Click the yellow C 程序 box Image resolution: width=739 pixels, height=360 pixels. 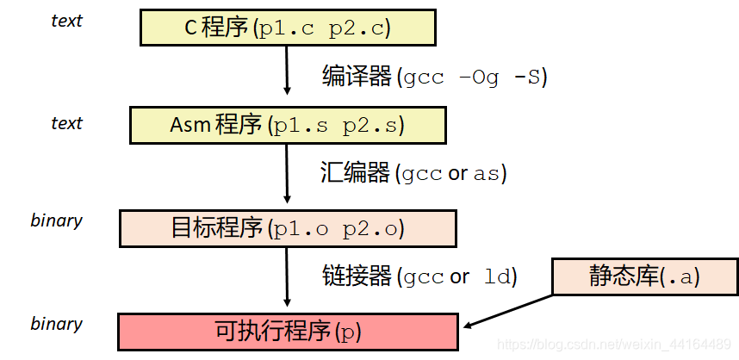(288, 28)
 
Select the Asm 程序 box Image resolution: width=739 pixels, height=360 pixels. (288, 125)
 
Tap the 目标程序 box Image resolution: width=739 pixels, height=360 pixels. (288, 229)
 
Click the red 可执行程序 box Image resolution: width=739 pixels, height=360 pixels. (288, 332)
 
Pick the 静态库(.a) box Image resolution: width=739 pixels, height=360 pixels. (645, 276)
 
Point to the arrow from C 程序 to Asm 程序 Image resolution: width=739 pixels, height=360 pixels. (288, 69)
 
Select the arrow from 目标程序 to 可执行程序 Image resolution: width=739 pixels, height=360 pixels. (288, 277)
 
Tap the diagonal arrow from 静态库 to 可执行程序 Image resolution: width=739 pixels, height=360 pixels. (508, 311)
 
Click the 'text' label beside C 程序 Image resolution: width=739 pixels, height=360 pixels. (66, 21)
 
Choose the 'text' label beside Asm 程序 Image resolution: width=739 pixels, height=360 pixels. (66, 123)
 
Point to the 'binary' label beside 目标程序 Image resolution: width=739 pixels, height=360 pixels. (56, 220)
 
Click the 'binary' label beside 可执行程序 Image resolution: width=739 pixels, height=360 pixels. (56, 324)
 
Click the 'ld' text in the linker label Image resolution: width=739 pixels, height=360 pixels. (497, 276)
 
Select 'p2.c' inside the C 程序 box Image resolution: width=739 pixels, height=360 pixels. (359, 28)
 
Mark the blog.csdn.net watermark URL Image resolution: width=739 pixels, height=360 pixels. (615, 344)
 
